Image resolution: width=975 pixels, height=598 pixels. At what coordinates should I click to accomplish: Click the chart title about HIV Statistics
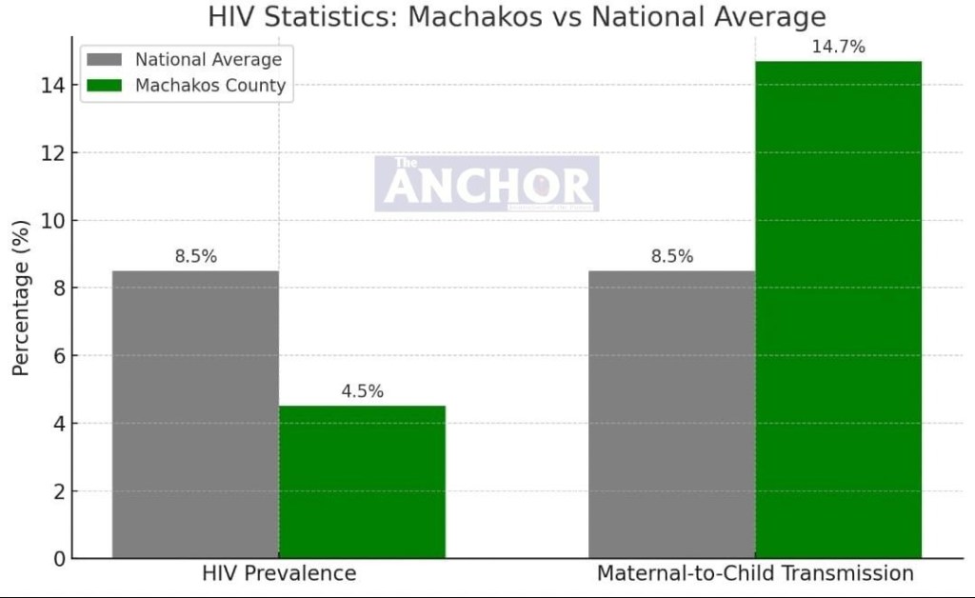pyautogui.click(x=516, y=17)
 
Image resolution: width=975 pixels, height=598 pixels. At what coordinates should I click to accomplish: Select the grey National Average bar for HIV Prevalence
pyautogui.click(x=195, y=414)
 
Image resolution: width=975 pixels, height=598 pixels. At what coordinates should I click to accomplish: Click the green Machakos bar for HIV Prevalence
pyautogui.click(x=362, y=482)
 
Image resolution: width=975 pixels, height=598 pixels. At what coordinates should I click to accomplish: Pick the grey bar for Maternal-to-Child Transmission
pyautogui.click(x=671, y=414)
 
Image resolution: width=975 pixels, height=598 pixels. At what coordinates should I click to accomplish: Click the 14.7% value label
pyautogui.click(x=838, y=47)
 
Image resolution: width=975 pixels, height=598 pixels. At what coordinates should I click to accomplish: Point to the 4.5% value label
pyautogui.click(x=362, y=391)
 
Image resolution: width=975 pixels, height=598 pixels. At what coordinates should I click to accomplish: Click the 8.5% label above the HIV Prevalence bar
pyautogui.click(x=195, y=256)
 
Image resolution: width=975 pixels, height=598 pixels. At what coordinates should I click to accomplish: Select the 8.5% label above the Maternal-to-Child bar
pyautogui.click(x=671, y=256)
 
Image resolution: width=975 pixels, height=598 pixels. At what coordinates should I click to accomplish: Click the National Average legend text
pyautogui.click(x=209, y=60)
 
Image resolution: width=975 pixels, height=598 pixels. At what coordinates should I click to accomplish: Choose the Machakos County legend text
pyautogui.click(x=209, y=86)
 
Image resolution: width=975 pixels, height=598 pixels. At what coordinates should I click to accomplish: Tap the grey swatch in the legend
pyautogui.click(x=105, y=60)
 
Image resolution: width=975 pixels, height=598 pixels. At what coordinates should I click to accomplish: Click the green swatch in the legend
pyautogui.click(x=105, y=86)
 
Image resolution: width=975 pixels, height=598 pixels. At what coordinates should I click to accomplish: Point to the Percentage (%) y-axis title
pyautogui.click(x=21, y=297)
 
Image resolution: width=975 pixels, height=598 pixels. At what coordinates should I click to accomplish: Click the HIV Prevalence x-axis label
pyautogui.click(x=279, y=573)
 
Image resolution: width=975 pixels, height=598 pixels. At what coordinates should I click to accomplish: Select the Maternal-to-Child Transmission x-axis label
pyautogui.click(x=755, y=573)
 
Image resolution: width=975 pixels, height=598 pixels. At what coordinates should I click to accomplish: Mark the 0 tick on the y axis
pyautogui.click(x=59, y=559)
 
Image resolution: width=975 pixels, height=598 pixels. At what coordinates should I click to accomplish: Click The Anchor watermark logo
pyautogui.click(x=487, y=184)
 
